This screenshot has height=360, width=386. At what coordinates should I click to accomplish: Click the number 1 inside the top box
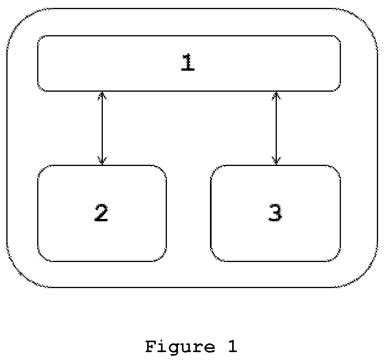tap(188, 62)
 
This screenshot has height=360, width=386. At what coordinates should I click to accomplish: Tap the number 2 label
tap(101, 213)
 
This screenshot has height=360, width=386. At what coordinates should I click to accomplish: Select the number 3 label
tap(275, 213)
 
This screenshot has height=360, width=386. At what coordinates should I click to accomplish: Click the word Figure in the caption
tap(180, 347)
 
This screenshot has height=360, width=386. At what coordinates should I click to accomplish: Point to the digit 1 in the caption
tap(231, 347)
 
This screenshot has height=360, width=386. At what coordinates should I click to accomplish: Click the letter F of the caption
tap(151, 347)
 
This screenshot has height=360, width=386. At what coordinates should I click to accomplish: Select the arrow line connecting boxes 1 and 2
tap(102, 128)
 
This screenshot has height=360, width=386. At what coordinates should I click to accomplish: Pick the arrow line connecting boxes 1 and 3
tap(276, 128)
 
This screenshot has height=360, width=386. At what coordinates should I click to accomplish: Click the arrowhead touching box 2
tap(102, 160)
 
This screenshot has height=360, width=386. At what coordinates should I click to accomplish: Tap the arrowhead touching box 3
tap(276, 160)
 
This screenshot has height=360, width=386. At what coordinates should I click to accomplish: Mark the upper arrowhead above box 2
tap(102, 96)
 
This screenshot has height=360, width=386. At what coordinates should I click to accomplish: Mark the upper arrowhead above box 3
tap(276, 96)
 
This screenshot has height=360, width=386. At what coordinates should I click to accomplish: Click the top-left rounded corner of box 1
tap(40, 38)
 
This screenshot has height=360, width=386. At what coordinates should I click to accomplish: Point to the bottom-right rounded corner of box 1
tap(338, 89)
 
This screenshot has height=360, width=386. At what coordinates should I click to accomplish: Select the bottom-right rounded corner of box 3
tap(337, 257)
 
